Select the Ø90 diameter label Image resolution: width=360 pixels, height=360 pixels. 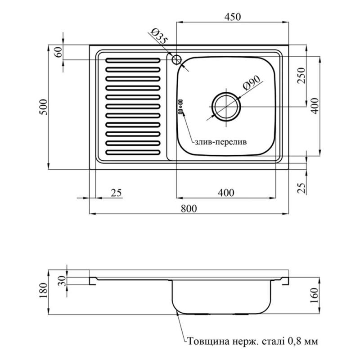pyautogui.click(x=252, y=84)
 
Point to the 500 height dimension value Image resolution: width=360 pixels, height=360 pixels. pyautogui.click(x=43, y=107)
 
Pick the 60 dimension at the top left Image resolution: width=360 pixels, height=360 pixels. pyautogui.click(x=57, y=52)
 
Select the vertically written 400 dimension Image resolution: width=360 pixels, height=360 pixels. pyautogui.click(x=315, y=106)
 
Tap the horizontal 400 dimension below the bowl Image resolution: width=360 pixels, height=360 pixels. pyautogui.click(x=225, y=193)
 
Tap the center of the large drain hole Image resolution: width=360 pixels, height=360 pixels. pyautogui.click(x=226, y=107)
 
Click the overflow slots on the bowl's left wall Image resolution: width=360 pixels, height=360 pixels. pyautogui.click(x=180, y=107)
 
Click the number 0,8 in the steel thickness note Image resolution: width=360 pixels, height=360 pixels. pyautogui.click(x=296, y=342)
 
